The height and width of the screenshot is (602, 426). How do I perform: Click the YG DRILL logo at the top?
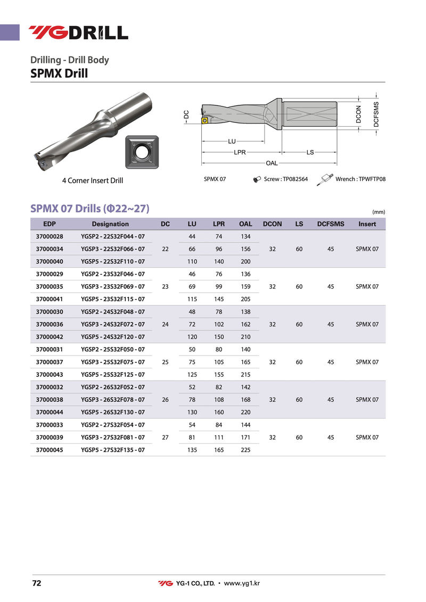point(78,32)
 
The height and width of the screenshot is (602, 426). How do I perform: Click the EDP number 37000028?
point(49,236)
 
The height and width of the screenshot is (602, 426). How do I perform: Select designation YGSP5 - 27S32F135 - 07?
point(113,450)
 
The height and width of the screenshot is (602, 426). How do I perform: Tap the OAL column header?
point(245,224)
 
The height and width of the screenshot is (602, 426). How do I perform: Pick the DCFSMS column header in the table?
point(331,224)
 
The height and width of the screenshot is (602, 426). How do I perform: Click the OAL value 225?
point(245,450)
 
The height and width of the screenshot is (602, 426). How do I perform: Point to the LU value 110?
point(192,261)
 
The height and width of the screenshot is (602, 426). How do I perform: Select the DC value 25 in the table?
point(165,362)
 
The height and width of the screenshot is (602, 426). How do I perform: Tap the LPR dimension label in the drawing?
point(240,152)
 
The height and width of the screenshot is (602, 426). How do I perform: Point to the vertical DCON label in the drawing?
point(358,114)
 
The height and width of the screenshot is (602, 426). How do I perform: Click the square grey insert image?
point(142,153)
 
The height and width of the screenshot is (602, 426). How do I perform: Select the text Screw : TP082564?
point(286,179)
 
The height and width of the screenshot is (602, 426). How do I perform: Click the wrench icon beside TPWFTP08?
point(325,179)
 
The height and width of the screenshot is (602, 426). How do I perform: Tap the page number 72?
point(37,583)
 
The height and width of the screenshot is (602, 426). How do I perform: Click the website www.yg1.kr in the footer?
point(242,583)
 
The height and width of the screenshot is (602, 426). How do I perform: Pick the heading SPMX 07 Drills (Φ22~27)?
point(90,208)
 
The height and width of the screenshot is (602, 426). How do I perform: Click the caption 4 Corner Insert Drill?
point(93,180)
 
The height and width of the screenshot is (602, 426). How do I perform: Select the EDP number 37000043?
point(49,375)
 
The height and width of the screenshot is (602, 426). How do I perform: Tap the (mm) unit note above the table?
point(379,212)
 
